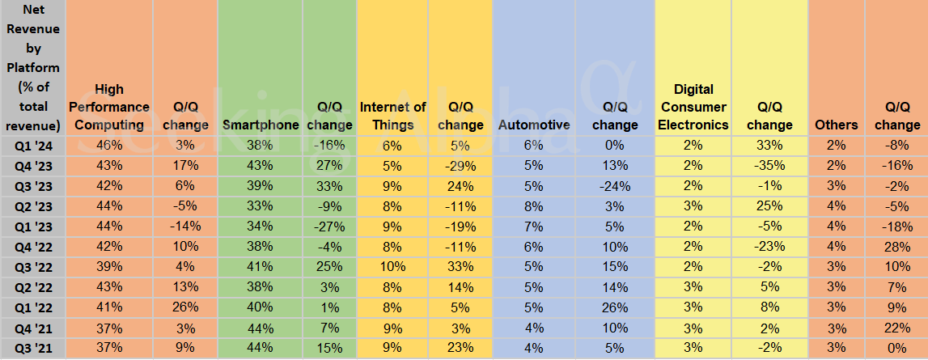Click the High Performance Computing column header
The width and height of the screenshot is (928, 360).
pos(109,107)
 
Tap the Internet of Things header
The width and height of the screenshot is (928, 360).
pos(392,116)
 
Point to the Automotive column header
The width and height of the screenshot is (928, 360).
pos(534,125)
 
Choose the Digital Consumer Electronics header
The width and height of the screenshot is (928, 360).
pos(693,107)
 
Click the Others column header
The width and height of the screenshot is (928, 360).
pos(836,125)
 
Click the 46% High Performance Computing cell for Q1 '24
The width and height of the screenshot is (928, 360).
pos(109,145)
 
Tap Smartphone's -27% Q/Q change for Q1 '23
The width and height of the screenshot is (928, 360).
pos(329,227)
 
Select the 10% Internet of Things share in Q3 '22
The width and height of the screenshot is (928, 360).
pos(392,267)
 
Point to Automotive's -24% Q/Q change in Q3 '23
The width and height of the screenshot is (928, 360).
pos(614,186)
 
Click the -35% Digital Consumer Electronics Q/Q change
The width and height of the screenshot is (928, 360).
pos(769,166)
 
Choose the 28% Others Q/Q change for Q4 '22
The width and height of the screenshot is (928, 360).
pos(896,247)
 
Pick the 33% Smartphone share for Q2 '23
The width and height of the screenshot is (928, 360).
pos(259,206)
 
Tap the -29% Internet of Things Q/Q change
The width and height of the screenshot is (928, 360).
pos(460,166)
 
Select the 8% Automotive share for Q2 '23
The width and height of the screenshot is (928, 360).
pos(534,206)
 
